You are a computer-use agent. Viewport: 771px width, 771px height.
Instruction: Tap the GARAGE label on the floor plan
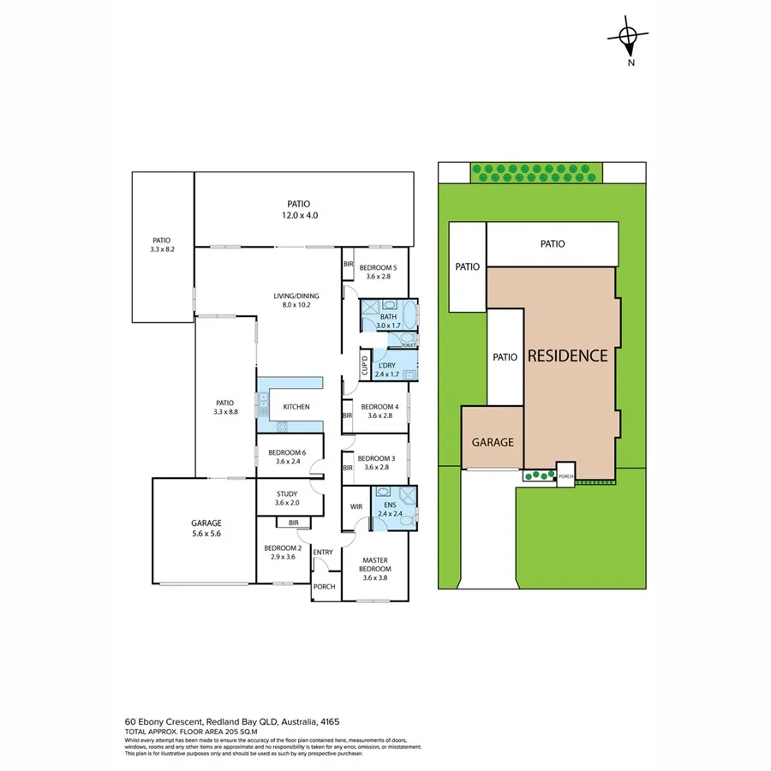pyautogui.click(x=206, y=523)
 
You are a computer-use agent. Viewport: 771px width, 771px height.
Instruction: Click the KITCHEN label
pyautogui.click(x=296, y=407)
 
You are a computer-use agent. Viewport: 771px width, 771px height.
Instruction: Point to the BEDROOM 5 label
pyautogui.click(x=377, y=266)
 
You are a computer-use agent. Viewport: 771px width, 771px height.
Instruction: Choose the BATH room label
pyautogui.click(x=388, y=317)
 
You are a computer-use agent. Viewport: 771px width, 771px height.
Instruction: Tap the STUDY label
pyautogui.click(x=286, y=493)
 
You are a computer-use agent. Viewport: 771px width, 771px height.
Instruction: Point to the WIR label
pyautogui.click(x=356, y=506)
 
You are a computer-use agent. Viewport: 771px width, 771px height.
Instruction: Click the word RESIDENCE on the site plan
pyautogui.click(x=567, y=356)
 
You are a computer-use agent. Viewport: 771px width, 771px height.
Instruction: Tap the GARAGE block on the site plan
pyautogui.click(x=493, y=442)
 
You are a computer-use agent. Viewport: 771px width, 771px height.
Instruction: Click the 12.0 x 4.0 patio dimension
pyautogui.click(x=299, y=215)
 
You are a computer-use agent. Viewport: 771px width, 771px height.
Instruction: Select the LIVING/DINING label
pyautogui.click(x=297, y=296)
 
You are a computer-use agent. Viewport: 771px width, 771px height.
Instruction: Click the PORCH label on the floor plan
pyautogui.click(x=325, y=587)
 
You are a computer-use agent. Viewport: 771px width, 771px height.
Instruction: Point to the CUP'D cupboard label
pyautogui.click(x=364, y=366)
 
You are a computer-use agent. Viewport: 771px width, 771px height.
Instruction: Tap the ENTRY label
pyautogui.click(x=323, y=552)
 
